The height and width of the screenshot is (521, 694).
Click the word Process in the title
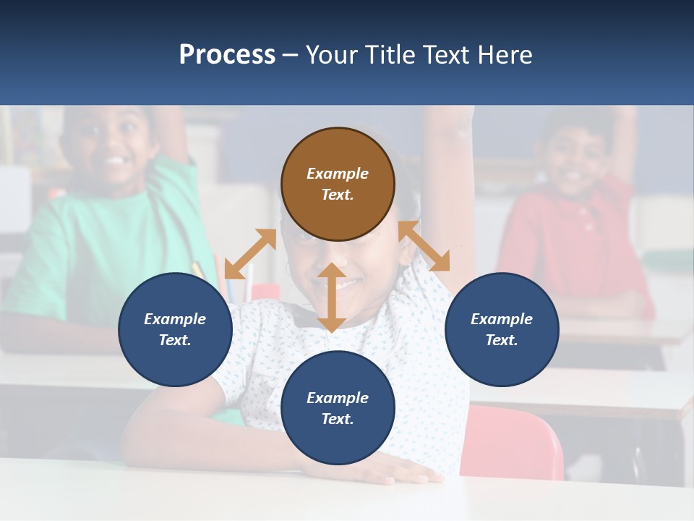pos(227,55)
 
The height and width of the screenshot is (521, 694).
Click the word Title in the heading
pos(390,55)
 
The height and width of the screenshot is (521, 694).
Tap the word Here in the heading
pos(503,55)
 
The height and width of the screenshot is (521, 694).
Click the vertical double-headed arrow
pos(332,297)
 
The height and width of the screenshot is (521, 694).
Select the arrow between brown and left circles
pos(250,254)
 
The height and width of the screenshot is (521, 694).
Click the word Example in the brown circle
pos(338,174)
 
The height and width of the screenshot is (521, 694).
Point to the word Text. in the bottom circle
pos(338,419)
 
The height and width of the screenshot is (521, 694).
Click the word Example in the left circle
pos(175,319)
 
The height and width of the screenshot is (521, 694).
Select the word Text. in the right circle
pos(502,340)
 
